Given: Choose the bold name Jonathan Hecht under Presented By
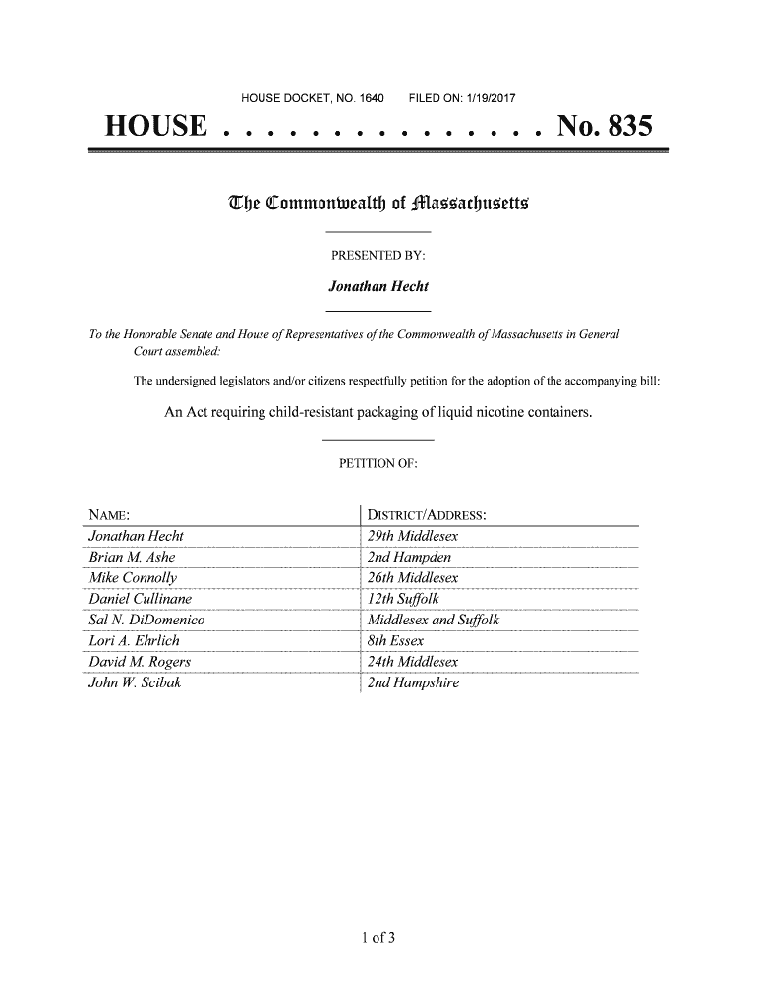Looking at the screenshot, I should coord(378,287).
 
